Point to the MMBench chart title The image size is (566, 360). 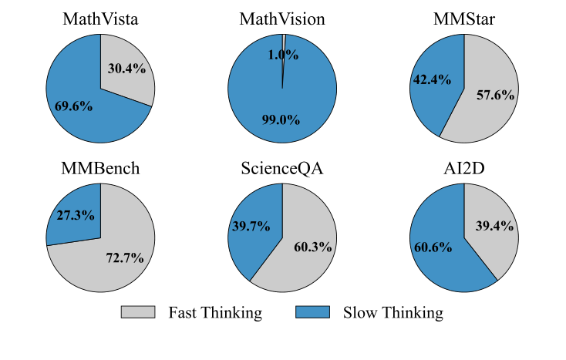[100, 169]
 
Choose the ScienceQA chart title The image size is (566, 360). [282, 169]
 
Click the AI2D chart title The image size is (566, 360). [463, 169]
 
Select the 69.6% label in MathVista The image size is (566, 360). [73, 106]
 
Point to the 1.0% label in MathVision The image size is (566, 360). [283, 55]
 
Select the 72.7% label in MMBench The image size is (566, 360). [125, 258]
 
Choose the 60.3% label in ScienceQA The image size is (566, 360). [313, 247]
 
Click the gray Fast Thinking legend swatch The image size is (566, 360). [137, 312]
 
